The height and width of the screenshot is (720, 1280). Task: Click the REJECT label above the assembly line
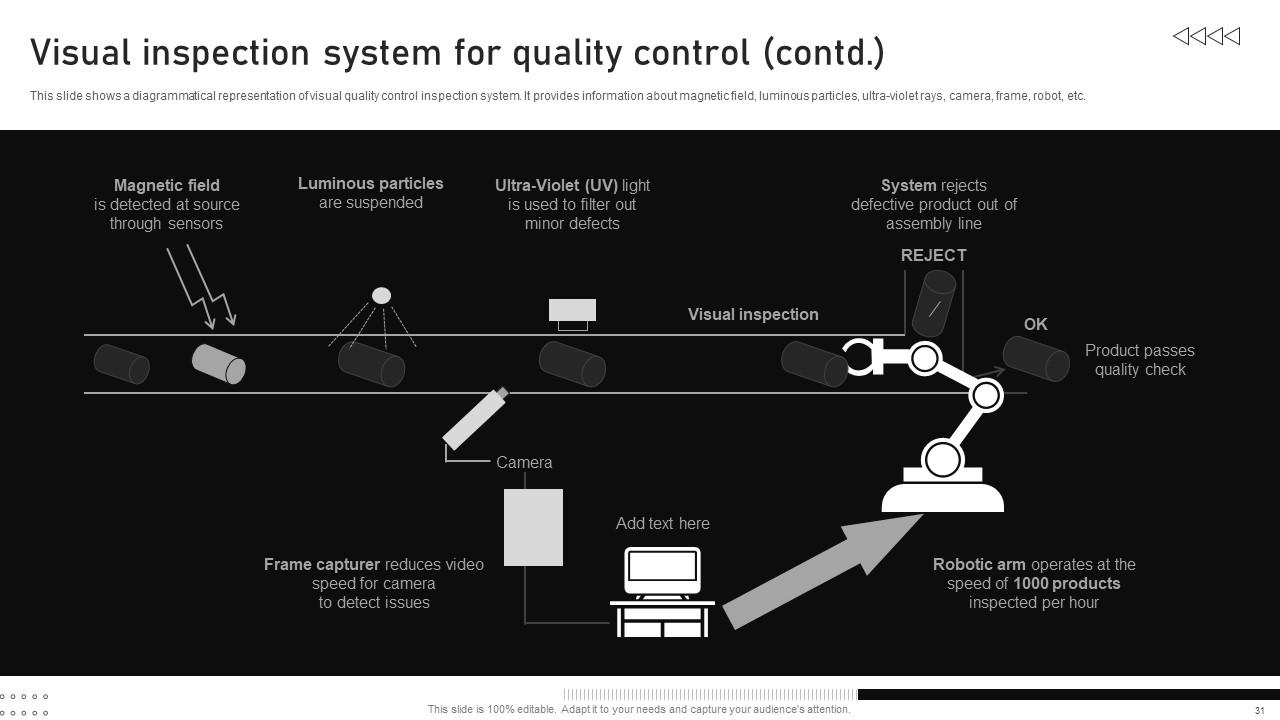click(933, 255)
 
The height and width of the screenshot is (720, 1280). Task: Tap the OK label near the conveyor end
click(1035, 324)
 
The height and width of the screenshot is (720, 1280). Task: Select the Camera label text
click(524, 462)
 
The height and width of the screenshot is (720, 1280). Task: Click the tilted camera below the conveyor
click(475, 418)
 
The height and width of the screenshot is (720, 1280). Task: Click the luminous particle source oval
click(381, 295)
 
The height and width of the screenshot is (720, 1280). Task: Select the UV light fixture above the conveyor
click(572, 311)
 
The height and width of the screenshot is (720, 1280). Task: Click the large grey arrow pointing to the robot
click(820, 571)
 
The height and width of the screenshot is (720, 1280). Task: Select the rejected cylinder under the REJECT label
click(934, 301)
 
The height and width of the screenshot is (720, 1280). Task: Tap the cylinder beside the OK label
click(1036, 358)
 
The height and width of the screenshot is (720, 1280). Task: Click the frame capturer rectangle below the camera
click(533, 527)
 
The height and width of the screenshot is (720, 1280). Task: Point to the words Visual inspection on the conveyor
click(753, 314)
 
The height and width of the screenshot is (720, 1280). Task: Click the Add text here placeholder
click(662, 523)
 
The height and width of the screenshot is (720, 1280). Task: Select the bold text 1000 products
click(1066, 583)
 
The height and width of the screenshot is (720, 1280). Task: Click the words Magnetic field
click(167, 185)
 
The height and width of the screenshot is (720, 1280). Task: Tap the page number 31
click(1260, 710)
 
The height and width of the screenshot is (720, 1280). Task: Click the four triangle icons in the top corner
click(1206, 37)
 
